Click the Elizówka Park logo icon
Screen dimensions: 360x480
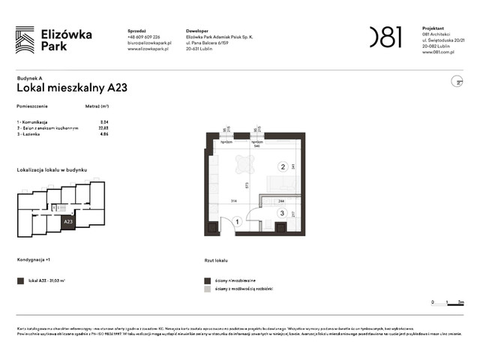(x=24, y=40)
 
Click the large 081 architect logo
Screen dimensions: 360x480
(x=385, y=37)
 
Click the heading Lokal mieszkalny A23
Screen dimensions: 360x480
(x=72, y=88)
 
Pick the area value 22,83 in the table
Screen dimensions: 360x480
(x=104, y=127)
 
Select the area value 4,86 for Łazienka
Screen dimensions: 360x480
(x=105, y=134)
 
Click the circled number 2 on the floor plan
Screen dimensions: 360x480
(x=283, y=167)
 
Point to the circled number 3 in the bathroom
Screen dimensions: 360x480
(x=281, y=213)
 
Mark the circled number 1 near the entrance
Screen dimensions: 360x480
(x=237, y=221)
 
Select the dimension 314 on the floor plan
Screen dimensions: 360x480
(x=233, y=202)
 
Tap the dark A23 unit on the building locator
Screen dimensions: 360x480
(x=67, y=222)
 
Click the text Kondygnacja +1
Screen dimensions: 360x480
(x=34, y=260)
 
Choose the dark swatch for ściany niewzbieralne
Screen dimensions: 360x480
(x=208, y=280)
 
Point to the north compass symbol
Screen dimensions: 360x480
(x=454, y=81)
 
